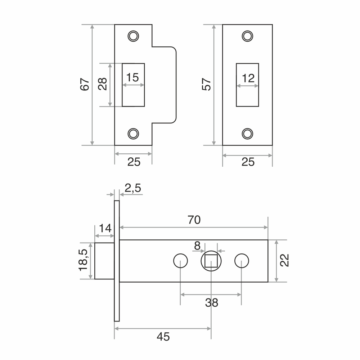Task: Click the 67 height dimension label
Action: [85, 84]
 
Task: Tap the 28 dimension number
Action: [103, 84]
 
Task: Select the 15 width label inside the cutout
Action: [132, 77]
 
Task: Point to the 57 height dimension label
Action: [206, 84]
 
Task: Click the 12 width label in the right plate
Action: [248, 78]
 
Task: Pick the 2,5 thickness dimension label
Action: [133, 188]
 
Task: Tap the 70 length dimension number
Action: [194, 220]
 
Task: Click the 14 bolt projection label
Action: [105, 228]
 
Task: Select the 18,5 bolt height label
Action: [83, 260]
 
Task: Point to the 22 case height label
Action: [284, 260]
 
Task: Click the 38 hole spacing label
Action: [211, 303]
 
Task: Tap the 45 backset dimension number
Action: [163, 337]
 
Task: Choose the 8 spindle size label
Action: [197, 246]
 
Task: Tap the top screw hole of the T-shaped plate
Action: [133, 36]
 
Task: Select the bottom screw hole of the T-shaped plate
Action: [133, 134]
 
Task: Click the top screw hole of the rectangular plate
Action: [248, 36]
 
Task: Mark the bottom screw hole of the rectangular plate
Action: [248, 134]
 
